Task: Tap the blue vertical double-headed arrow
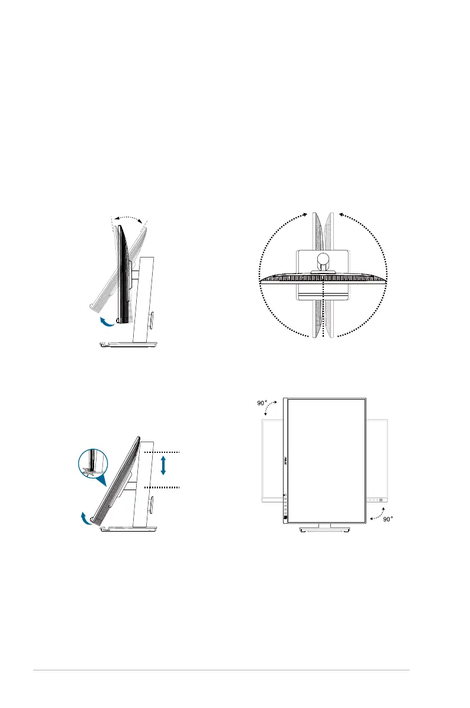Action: click(x=163, y=465)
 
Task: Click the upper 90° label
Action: click(x=262, y=403)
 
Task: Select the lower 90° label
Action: click(x=388, y=519)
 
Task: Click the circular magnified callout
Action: click(x=94, y=464)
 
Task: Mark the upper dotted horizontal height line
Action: click(x=162, y=452)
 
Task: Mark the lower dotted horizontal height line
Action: click(x=162, y=488)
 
